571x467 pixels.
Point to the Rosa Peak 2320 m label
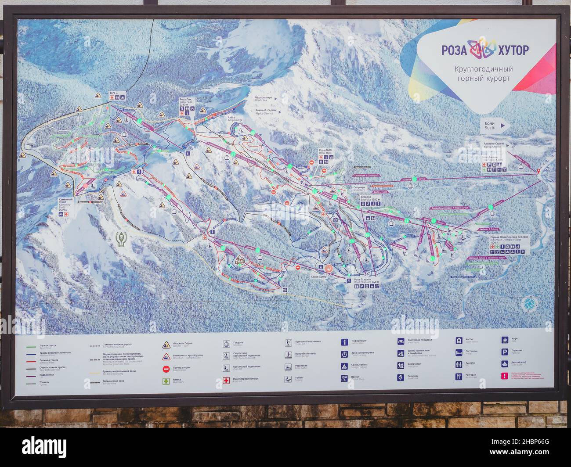(x=185, y=103)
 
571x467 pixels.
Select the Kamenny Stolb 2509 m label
(x=66, y=205)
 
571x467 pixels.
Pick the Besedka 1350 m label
(x=370, y=198)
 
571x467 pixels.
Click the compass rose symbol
(x=529, y=303)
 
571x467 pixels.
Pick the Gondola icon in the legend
(x=227, y=344)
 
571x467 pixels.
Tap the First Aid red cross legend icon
(x=227, y=380)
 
